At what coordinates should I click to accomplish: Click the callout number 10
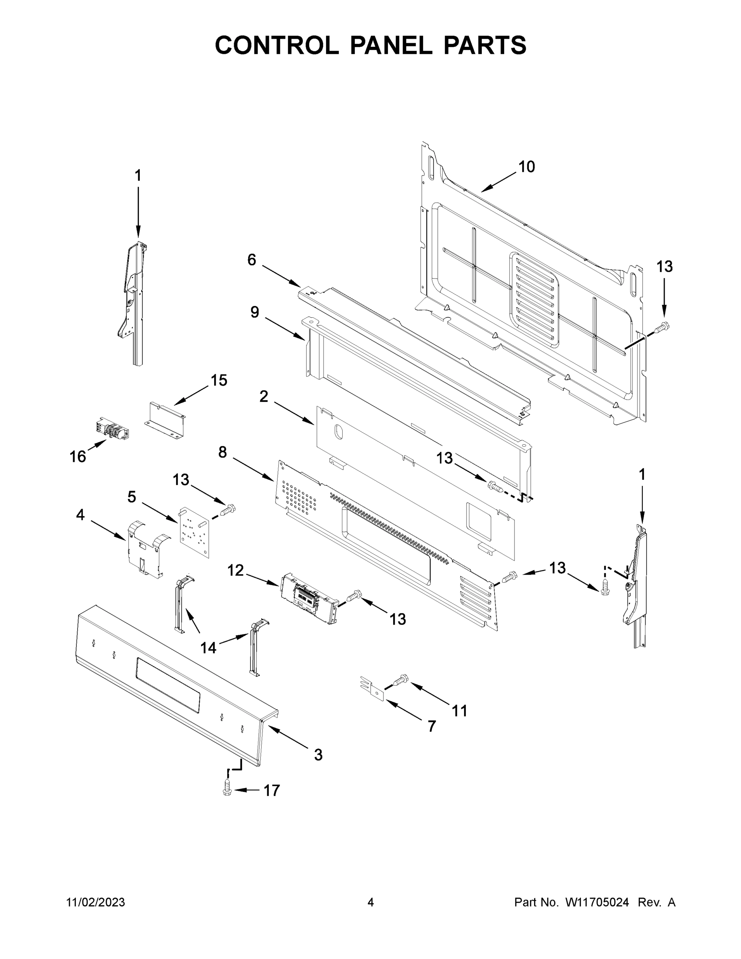(x=527, y=167)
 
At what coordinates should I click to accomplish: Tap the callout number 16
(x=78, y=457)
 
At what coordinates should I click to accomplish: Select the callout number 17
(x=271, y=790)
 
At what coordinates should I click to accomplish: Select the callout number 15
(x=219, y=380)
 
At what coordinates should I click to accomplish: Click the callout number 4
(x=80, y=515)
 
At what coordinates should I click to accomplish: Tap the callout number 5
(x=132, y=497)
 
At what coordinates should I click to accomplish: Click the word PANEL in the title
(x=391, y=45)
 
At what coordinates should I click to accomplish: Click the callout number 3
(x=318, y=755)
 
